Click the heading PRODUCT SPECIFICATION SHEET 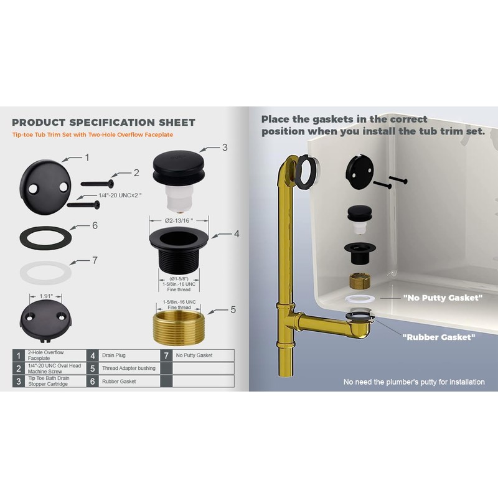(x=103, y=123)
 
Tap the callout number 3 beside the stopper (x=225, y=148)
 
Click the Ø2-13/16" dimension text (x=178, y=220)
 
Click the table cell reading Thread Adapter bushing (x=128, y=368)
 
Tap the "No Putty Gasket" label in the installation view (x=443, y=298)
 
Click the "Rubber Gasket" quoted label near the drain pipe (x=439, y=337)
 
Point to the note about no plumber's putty (x=413, y=382)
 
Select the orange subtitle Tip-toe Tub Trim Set (x=92, y=134)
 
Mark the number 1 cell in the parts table (x=19, y=355)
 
